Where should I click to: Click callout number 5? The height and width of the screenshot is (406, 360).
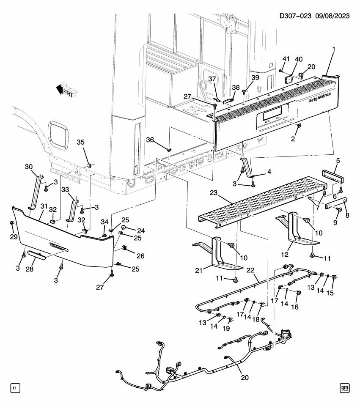click(337, 161)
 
